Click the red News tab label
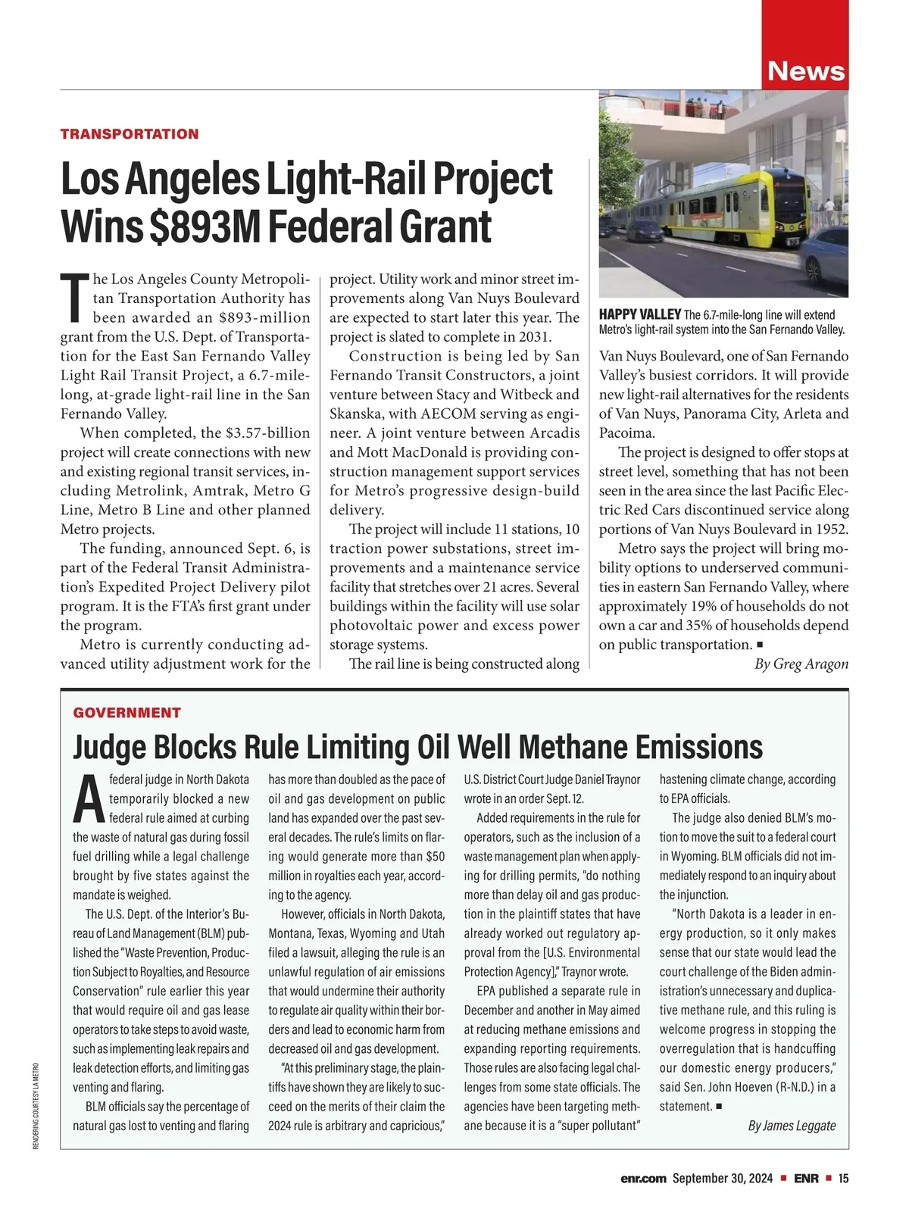[806, 70]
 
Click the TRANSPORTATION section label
[130, 134]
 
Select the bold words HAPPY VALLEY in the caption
[639, 314]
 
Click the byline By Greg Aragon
[801, 664]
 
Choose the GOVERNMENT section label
[127, 712]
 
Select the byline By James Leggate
[792, 1125]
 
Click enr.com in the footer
[643, 1178]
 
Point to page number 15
[843, 1178]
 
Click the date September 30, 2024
[722, 1178]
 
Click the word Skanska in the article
[356, 414]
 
